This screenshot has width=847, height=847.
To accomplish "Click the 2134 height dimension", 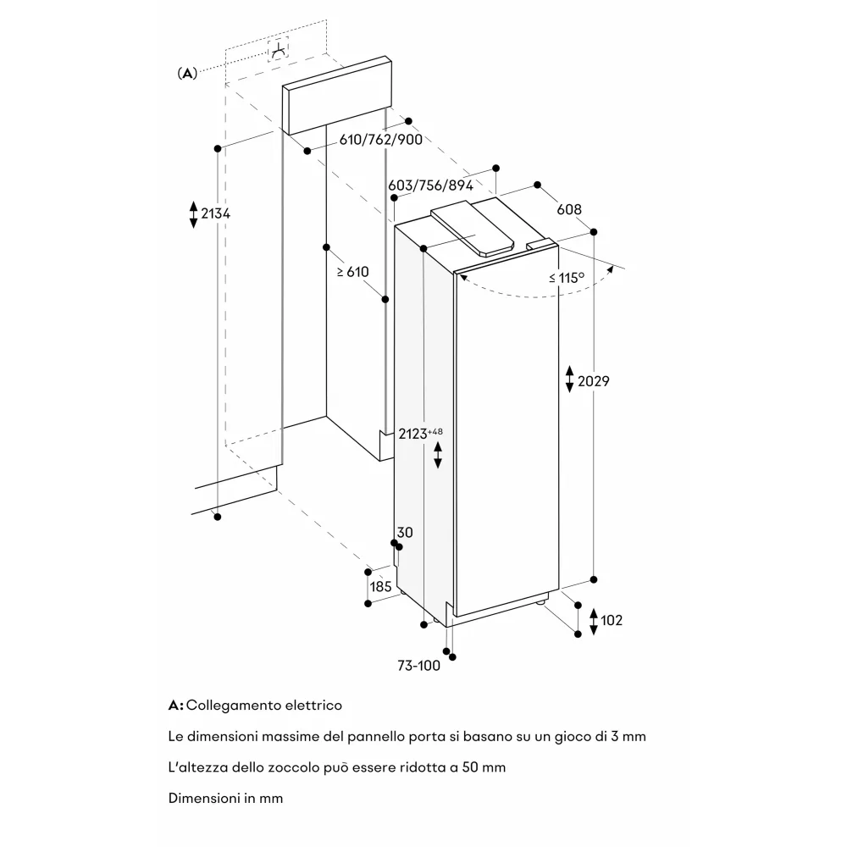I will point(215,213).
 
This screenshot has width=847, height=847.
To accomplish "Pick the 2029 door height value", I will point(593,381).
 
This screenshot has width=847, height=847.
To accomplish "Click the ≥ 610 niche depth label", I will point(353,272).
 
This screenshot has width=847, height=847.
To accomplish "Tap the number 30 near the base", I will point(405,532).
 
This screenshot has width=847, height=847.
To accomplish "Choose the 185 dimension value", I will point(380,586).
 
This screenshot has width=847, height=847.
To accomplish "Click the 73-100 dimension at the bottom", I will point(418,666).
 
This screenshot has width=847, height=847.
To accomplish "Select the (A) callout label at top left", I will point(186,74).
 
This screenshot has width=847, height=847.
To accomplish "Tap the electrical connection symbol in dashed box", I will point(277,51).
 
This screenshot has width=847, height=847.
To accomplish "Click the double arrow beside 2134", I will point(193,213).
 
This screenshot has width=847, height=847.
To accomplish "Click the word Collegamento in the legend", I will point(227,705).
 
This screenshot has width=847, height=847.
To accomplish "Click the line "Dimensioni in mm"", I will point(225,798).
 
